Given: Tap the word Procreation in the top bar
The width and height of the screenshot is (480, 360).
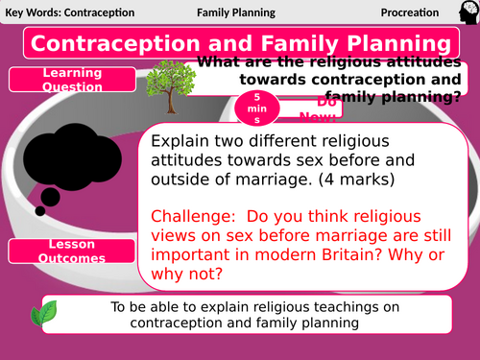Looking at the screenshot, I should (x=409, y=13).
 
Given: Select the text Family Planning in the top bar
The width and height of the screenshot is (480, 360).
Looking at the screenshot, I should (x=236, y=13).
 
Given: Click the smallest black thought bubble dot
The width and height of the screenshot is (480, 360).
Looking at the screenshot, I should (x=39, y=209).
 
